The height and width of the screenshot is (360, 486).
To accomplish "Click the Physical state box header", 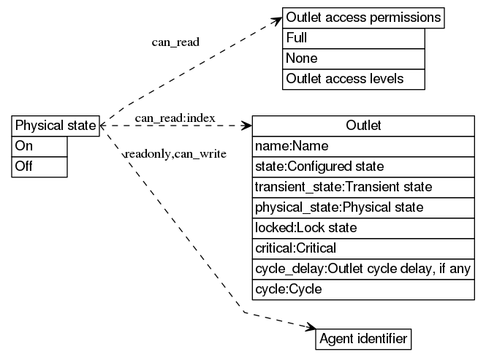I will pos(56,126).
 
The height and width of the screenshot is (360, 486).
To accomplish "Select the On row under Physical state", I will pos(40,146).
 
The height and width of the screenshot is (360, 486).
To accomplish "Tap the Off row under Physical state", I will pos(40,166).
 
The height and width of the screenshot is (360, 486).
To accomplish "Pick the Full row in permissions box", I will pos(353,38).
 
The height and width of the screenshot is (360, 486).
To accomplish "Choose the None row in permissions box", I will pos(353,58).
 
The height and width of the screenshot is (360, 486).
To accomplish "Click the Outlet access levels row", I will pos(353,79).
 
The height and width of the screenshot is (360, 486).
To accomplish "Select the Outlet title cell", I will pos(363,126).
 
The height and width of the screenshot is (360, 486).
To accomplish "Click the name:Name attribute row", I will pos(363,146).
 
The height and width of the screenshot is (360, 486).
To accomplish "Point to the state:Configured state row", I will pos(363,166).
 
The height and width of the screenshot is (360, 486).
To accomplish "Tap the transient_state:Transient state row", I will pos(363,187).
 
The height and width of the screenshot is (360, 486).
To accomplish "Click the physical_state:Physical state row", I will pos(363,207).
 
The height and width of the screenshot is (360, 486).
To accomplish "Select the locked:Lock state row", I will pos(363,228).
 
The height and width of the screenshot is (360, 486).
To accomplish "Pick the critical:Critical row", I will pos(363,248).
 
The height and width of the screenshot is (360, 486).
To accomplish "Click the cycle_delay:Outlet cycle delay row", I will pos(363,269).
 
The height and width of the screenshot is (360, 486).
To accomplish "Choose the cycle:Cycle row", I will pos(363,289).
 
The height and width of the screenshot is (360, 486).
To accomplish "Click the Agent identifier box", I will pos(363,339).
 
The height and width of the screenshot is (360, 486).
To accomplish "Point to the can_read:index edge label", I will pos(175,118).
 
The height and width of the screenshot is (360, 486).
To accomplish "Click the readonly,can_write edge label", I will pos(175,154).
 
